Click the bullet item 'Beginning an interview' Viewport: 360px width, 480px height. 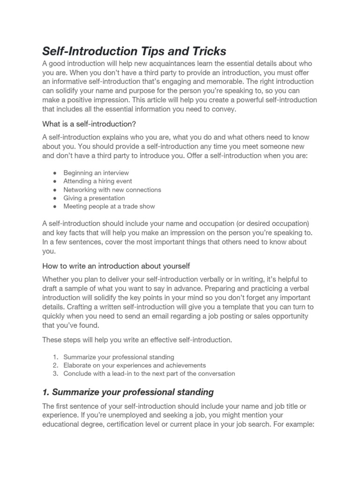[x=96, y=173]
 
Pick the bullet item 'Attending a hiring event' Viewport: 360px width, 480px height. [x=97, y=181]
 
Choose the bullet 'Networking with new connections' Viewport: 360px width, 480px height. [x=112, y=190]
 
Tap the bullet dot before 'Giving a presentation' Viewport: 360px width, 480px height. [x=55, y=198]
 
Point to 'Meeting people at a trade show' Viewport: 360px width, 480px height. [x=109, y=206]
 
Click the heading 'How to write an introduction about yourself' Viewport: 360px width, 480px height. [x=116, y=266]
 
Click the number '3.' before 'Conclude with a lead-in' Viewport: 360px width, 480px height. [x=55, y=374]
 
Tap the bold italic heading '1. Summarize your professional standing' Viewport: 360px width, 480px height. [x=128, y=392]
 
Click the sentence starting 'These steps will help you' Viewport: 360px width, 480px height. [x=137, y=340]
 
